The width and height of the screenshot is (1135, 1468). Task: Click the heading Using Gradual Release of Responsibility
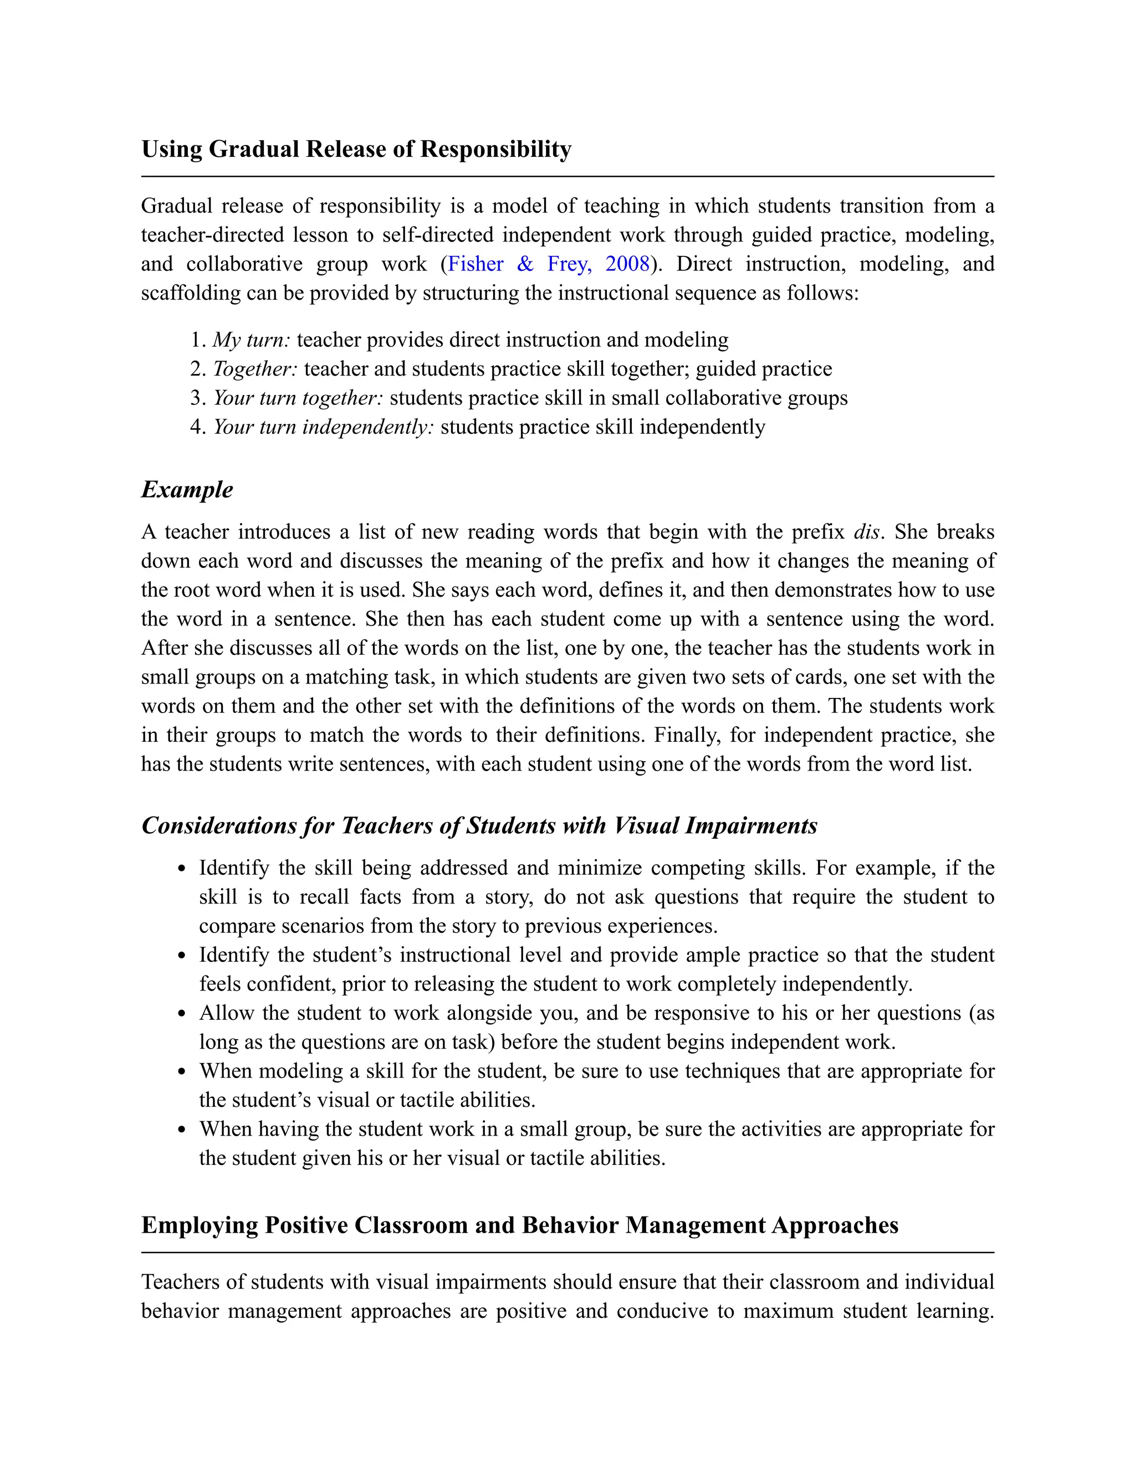point(356,148)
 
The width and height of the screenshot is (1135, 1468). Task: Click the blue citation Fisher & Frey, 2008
point(549,264)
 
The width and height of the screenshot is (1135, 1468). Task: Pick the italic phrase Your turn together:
point(298,398)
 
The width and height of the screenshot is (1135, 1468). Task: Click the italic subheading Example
point(187,489)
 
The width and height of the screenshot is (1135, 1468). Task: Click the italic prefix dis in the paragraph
point(866,532)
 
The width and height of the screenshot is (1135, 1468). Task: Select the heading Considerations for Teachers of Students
point(479,825)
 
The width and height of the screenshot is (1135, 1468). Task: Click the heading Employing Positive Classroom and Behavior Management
point(519,1225)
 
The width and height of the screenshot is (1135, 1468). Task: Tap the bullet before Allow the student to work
point(182,1014)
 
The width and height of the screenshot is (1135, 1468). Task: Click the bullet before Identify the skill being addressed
point(182,869)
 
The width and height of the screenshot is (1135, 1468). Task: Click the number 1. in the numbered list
point(197,340)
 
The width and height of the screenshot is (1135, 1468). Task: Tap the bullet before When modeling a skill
point(182,1072)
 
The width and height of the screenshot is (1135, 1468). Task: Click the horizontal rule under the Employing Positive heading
point(567,1253)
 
